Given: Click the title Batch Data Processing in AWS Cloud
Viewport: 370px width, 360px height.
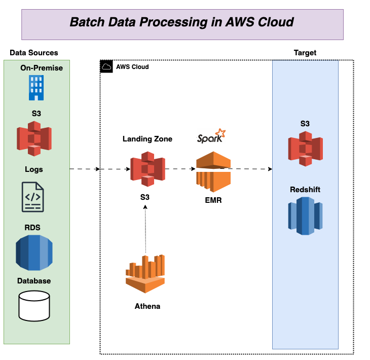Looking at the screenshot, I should click(x=182, y=22).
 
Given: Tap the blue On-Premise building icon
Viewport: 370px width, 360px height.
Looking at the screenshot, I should click(x=36, y=87).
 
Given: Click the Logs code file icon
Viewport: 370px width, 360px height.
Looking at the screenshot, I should click(x=32, y=197).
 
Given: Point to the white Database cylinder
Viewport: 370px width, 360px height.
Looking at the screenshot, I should click(x=34, y=306).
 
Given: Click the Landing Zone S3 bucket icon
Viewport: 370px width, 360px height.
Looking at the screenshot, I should click(x=147, y=169).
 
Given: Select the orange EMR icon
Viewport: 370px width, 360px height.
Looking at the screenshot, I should click(x=213, y=172).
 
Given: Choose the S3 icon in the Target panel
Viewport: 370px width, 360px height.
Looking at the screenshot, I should click(x=305, y=148).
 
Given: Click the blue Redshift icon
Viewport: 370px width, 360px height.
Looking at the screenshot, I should click(x=305, y=215).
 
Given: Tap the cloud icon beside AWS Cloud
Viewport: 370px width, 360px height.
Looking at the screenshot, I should click(x=106, y=66).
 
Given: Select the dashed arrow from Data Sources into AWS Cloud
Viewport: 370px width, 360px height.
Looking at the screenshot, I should click(x=84, y=169).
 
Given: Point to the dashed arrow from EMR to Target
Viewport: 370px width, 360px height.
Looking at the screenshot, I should click(x=251, y=169).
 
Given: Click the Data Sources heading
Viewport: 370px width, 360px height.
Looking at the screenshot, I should click(x=34, y=53).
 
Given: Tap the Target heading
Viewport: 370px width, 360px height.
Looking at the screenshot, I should click(x=305, y=53).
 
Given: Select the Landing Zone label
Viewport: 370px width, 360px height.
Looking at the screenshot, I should click(x=147, y=139).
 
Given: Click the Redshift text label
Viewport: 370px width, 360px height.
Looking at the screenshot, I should click(x=305, y=190).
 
